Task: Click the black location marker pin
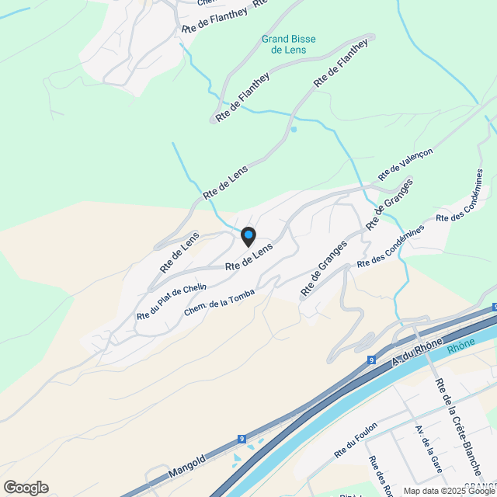coord(248,236)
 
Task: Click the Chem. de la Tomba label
coord(219,300)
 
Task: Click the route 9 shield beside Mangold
coord(242,439)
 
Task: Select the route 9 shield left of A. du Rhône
coord(372,360)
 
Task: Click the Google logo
coord(25,487)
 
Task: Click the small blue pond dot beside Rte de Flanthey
coord(294,129)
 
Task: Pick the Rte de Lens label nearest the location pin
coord(249,258)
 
